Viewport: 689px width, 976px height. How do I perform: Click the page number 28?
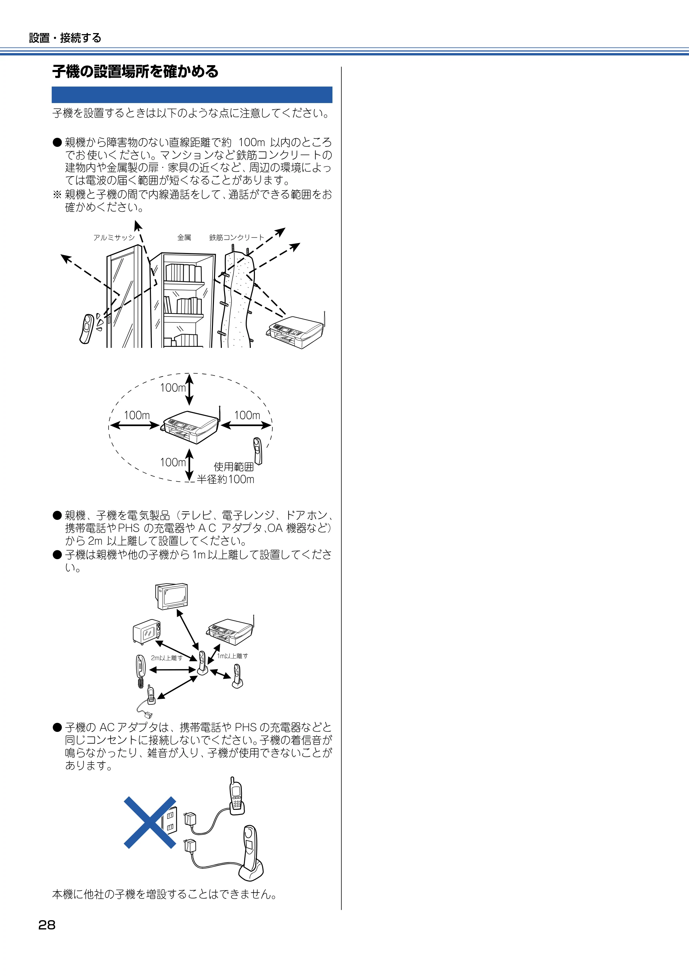[x=47, y=925]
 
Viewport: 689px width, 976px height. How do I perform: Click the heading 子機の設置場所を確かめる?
[x=135, y=71]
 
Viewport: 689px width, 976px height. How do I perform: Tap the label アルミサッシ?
[x=114, y=238]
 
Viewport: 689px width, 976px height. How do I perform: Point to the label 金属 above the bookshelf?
[x=184, y=238]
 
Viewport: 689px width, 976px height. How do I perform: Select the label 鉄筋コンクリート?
[x=237, y=238]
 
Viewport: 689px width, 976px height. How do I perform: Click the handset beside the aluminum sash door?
[x=87, y=328]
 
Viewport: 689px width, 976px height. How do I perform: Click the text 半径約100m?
[x=226, y=479]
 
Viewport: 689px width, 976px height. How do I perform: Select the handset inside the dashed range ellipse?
[x=257, y=451]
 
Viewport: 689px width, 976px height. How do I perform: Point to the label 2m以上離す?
[x=166, y=658]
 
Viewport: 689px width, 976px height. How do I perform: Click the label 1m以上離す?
[x=232, y=656]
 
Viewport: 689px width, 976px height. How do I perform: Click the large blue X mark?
[x=150, y=822]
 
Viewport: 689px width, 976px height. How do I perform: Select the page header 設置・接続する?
[x=65, y=38]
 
